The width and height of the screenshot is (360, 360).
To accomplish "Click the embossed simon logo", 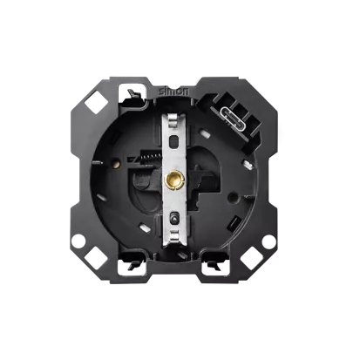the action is point(173,91).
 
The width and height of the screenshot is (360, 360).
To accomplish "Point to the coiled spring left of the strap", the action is point(151,157).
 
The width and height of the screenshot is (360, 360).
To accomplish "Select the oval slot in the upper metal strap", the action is point(173,141).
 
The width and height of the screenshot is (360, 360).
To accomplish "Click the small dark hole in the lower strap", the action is point(173,219).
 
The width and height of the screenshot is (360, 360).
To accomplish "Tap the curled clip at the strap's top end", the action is point(173,120).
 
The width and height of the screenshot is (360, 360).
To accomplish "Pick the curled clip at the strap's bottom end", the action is point(173,235).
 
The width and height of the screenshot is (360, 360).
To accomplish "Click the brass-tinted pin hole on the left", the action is point(117,164).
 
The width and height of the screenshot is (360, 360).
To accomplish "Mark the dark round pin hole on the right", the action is point(233,197).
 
